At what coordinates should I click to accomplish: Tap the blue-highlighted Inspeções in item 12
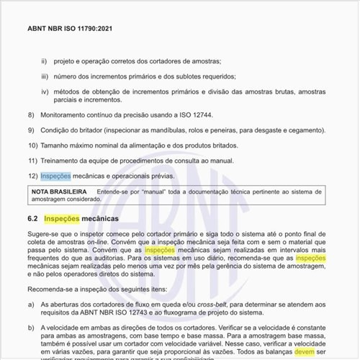55,176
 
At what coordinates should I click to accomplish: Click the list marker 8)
31,116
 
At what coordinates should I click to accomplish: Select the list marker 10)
32,146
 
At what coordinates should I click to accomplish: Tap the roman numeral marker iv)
45,92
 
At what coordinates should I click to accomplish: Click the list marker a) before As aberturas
31,305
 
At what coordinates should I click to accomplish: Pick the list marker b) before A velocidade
31,327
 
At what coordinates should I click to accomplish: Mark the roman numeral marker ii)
44,62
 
